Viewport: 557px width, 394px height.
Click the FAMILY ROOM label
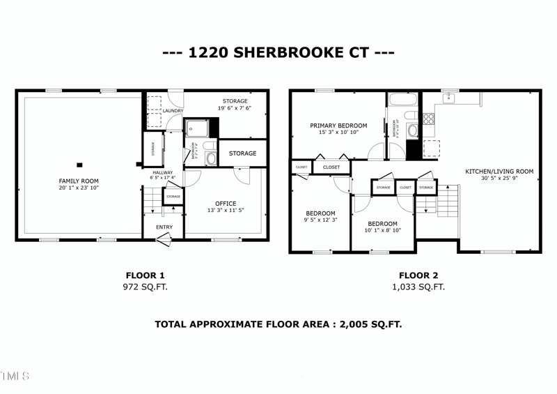(78, 181)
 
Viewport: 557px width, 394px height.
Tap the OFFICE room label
(226, 204)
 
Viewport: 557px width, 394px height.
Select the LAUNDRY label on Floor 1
(173, 111)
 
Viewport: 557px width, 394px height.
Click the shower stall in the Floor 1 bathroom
(198, 127)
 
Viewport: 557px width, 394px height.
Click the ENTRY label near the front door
(164, 227)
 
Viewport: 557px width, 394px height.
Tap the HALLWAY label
(162, 172)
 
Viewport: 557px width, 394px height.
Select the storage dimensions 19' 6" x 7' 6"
(235, 108)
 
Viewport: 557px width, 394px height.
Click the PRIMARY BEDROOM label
(338, 126)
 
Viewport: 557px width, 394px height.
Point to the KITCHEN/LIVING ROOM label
(499, 171)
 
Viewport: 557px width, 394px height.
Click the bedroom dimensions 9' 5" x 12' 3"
(321, 220)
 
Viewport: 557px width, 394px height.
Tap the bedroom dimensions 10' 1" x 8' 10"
(382, 230)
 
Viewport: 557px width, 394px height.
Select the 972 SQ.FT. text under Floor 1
(146, 287)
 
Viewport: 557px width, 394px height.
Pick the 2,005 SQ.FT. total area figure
(370, 324)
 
